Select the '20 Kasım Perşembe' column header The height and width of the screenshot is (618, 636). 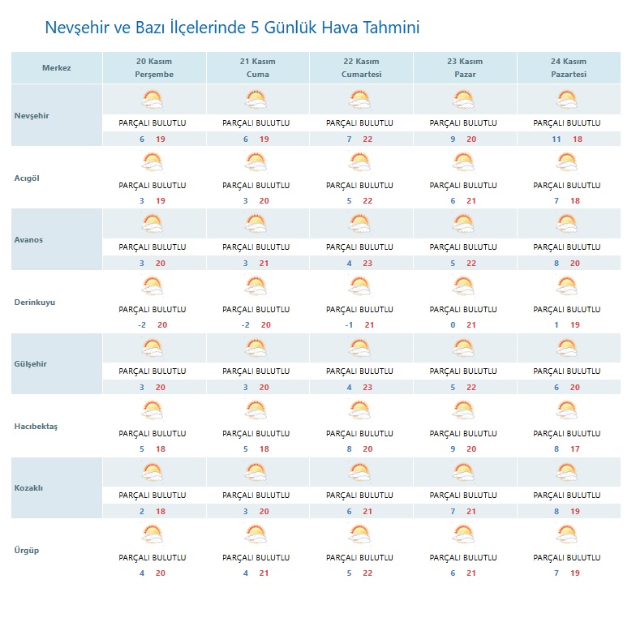pos(154,68)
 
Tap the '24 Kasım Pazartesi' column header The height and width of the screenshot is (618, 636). pos(568,68)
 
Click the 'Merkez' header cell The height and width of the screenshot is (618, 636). pos(57,68)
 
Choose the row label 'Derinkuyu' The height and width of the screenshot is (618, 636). pos(35,303)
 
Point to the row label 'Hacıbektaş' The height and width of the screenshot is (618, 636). pos(37,427)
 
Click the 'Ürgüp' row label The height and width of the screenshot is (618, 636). pos(27,551)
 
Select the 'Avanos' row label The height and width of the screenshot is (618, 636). pos(29,240)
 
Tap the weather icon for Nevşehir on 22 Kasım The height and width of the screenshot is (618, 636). pos(360,100)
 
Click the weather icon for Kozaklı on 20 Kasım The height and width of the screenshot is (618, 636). pos(153,472)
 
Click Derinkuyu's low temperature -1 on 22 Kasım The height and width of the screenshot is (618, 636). pos(349,325)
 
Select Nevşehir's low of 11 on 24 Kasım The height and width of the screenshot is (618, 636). pos(556,139)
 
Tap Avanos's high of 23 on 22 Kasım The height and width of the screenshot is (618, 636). pos(367,264)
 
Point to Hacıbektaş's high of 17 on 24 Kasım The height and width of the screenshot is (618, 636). pos(574,449)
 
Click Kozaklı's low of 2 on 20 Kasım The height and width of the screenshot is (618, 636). pos(142,512)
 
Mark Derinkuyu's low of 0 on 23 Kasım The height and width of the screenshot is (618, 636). pos(453,325)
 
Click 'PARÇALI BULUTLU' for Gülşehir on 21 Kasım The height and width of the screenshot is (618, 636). pos(256,371)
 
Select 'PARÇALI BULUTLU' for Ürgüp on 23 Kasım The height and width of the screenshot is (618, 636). pos(463,558)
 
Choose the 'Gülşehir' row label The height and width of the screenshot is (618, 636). pos(31,364)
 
